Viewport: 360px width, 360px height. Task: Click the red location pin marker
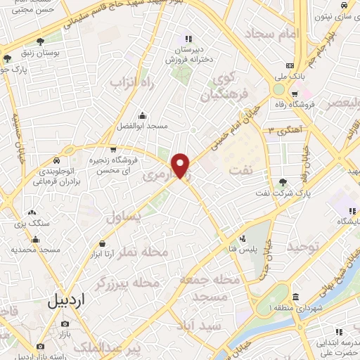point(181,165)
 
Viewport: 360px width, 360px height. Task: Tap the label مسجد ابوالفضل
point(142,126)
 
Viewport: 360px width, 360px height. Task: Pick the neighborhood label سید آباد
point(200,326)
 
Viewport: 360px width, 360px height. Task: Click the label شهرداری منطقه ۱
point(295,307)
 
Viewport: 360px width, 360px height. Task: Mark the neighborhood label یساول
point(123,218)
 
